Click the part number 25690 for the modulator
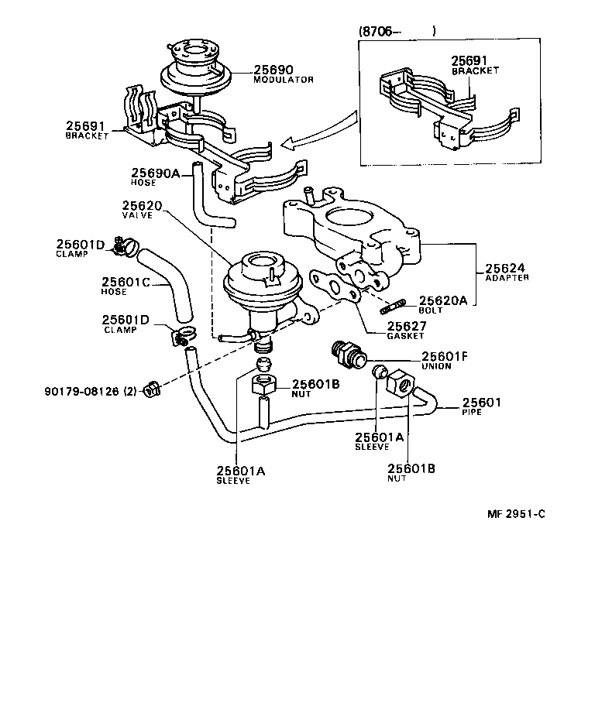(270, 69)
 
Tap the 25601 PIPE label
(482, 406)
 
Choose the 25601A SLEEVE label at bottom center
(240, 474)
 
